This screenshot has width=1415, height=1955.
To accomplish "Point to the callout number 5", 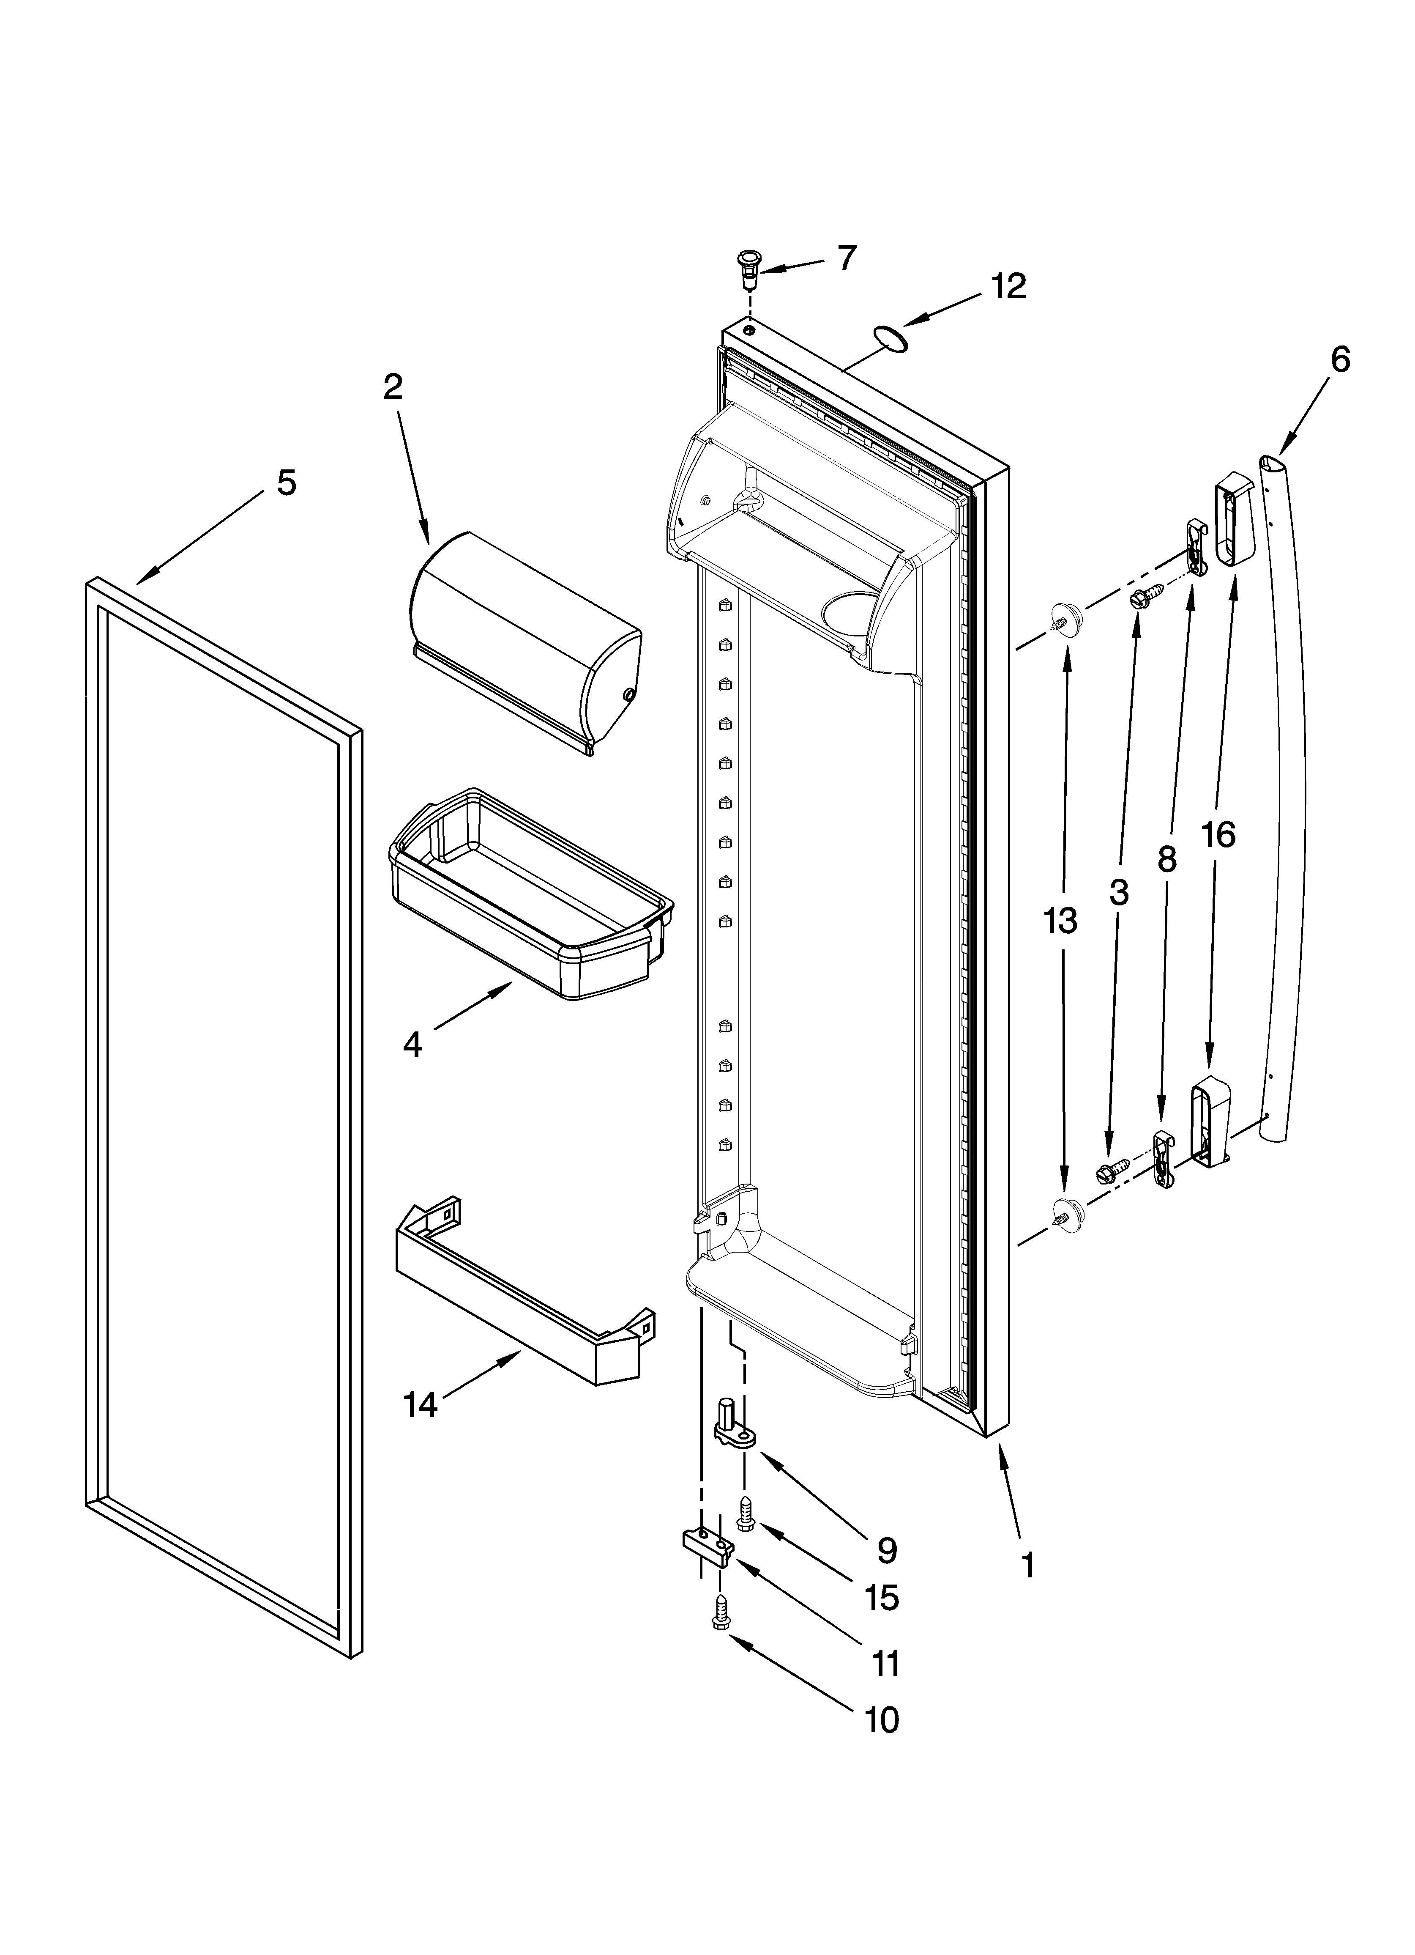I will [x=286, y=483].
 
